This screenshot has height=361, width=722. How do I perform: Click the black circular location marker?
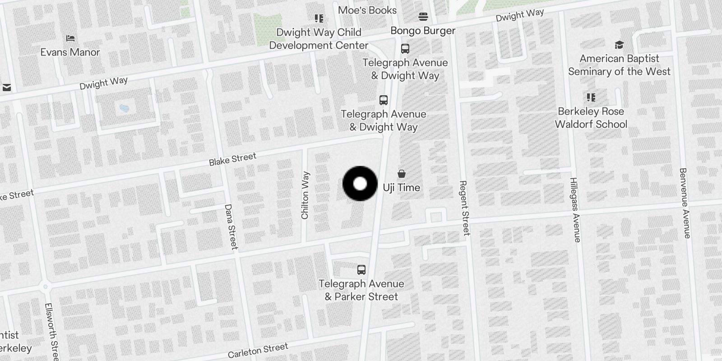[x=360, y=184]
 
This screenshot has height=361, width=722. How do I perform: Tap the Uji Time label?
[x=402, y=188]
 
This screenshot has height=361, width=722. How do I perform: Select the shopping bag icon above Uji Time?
[x=401, y=174]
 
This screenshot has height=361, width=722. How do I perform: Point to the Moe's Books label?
[x=367, y=10]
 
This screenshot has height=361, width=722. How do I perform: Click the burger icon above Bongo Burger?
[x=423, y=17]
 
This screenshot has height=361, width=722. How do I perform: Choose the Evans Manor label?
[x=70, y=52]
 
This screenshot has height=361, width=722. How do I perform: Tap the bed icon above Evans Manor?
[x=70, y=38]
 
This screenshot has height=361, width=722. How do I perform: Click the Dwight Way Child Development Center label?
[x=319, y=39]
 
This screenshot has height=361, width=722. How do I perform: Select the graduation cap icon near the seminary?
[x=619, y=45]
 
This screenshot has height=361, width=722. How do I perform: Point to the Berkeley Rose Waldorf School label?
[x=591, y=118]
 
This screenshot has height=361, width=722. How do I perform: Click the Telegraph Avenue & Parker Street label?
[x=361, y=290]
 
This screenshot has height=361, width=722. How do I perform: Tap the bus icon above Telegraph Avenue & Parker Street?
[x=361, y=270]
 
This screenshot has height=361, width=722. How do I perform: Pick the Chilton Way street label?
[x=305, y=195]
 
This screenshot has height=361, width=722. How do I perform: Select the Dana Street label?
[x=231, y=227]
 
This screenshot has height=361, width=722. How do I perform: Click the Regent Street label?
[x=464, y=208]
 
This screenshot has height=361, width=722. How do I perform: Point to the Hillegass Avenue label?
[x=574, y=210]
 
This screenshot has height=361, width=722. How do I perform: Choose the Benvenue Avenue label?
[x=685, y=203]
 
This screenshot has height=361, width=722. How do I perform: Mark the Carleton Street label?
[x=258, y=350]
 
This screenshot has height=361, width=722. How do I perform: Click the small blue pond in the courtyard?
[x=123, y=108]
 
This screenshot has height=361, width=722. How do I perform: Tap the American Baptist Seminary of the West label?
[x=619, y=65]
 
